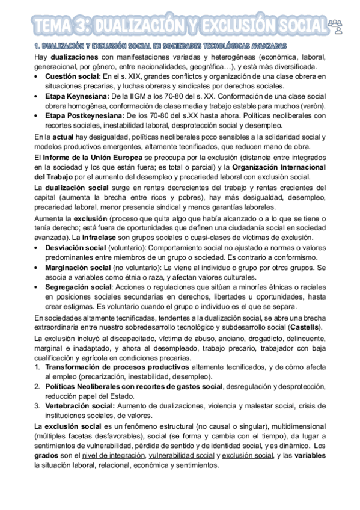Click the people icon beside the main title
[336, 25]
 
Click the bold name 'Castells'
[305, 327]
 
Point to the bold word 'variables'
[308, 455]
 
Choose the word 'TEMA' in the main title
[54, 25]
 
